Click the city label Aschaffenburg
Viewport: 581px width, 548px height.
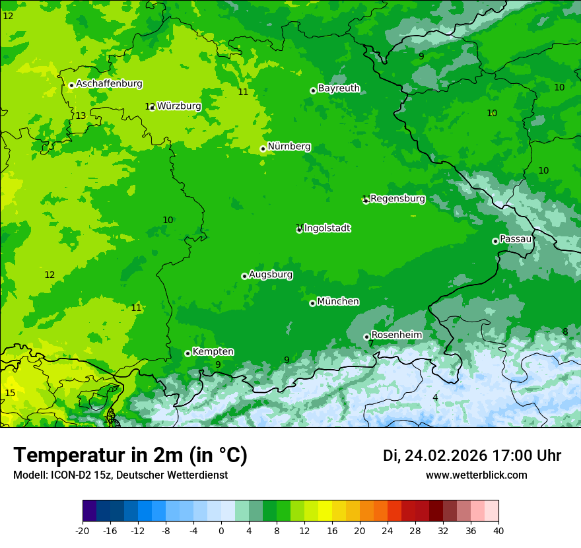[109, 84]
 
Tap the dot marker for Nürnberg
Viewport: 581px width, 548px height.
[263, 149]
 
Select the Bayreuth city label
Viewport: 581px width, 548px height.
[339, 88]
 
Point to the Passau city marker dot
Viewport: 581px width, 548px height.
[495, 241]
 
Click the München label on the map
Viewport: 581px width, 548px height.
[338, 302]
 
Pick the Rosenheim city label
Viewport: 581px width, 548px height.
[396, 335]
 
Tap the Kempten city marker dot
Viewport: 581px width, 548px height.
[188, 353]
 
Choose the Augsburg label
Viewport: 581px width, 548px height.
[271, 274]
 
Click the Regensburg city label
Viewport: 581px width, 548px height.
[397, 198]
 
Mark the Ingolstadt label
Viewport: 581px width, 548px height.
[327, 228]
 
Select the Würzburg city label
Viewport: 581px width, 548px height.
[179, 106]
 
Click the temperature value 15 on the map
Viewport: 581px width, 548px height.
[10, 393]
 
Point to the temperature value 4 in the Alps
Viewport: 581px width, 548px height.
[435, 397]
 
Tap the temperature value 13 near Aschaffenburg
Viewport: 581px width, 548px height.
[81, 116]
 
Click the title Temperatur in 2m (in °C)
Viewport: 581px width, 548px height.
[130, 455]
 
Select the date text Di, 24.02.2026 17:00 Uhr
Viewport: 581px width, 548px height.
[472, 456]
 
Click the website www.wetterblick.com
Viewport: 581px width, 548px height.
[476, 475]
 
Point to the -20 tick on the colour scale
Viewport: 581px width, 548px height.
[83, 530]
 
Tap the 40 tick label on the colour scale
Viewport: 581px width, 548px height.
[498, 530]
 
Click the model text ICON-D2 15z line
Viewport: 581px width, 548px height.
[120, 475]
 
